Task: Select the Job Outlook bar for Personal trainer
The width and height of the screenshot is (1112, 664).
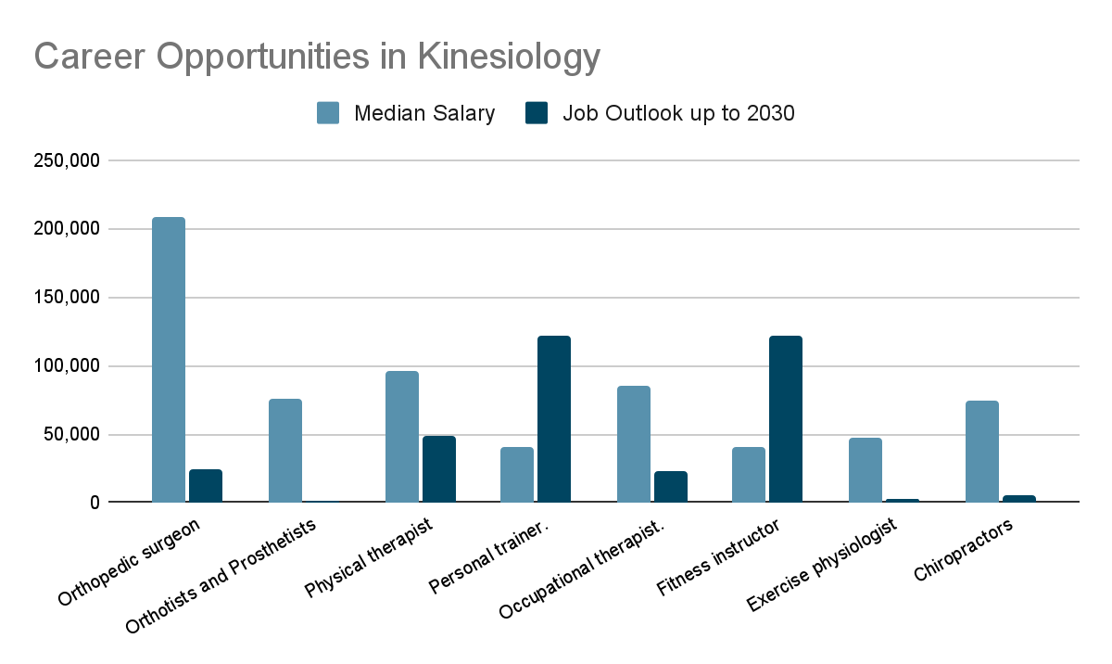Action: (554, 419)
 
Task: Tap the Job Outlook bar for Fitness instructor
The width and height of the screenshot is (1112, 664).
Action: (786, 419)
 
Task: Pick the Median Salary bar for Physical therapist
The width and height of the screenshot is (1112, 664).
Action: (402, 437)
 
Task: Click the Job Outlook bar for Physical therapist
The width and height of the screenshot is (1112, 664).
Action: (439, 469)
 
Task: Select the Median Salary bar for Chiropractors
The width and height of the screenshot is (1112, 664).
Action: (982, 452)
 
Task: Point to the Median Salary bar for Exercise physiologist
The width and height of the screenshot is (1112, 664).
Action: (866, 470)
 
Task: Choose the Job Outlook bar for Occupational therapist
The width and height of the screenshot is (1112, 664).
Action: (671, 487)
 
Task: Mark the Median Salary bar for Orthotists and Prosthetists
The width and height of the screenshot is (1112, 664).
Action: (285, 451)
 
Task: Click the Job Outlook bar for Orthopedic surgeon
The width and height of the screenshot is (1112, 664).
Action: (206, 486)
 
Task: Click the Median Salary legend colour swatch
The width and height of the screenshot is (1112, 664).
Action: (329, 113)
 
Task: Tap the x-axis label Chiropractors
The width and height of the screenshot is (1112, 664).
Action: (964, 551)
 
